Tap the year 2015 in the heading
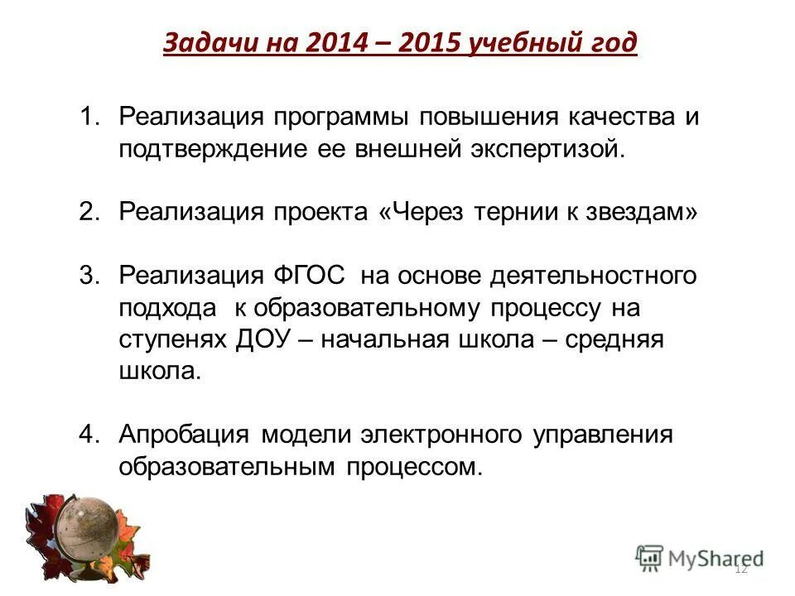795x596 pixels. [429, 42]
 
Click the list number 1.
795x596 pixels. [89, 116]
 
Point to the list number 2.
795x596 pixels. [89, 212]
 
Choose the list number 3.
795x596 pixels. [89, 275]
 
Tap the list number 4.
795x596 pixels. [89, 435]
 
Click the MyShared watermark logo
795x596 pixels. [699, 558]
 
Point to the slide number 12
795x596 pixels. [741, 569]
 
